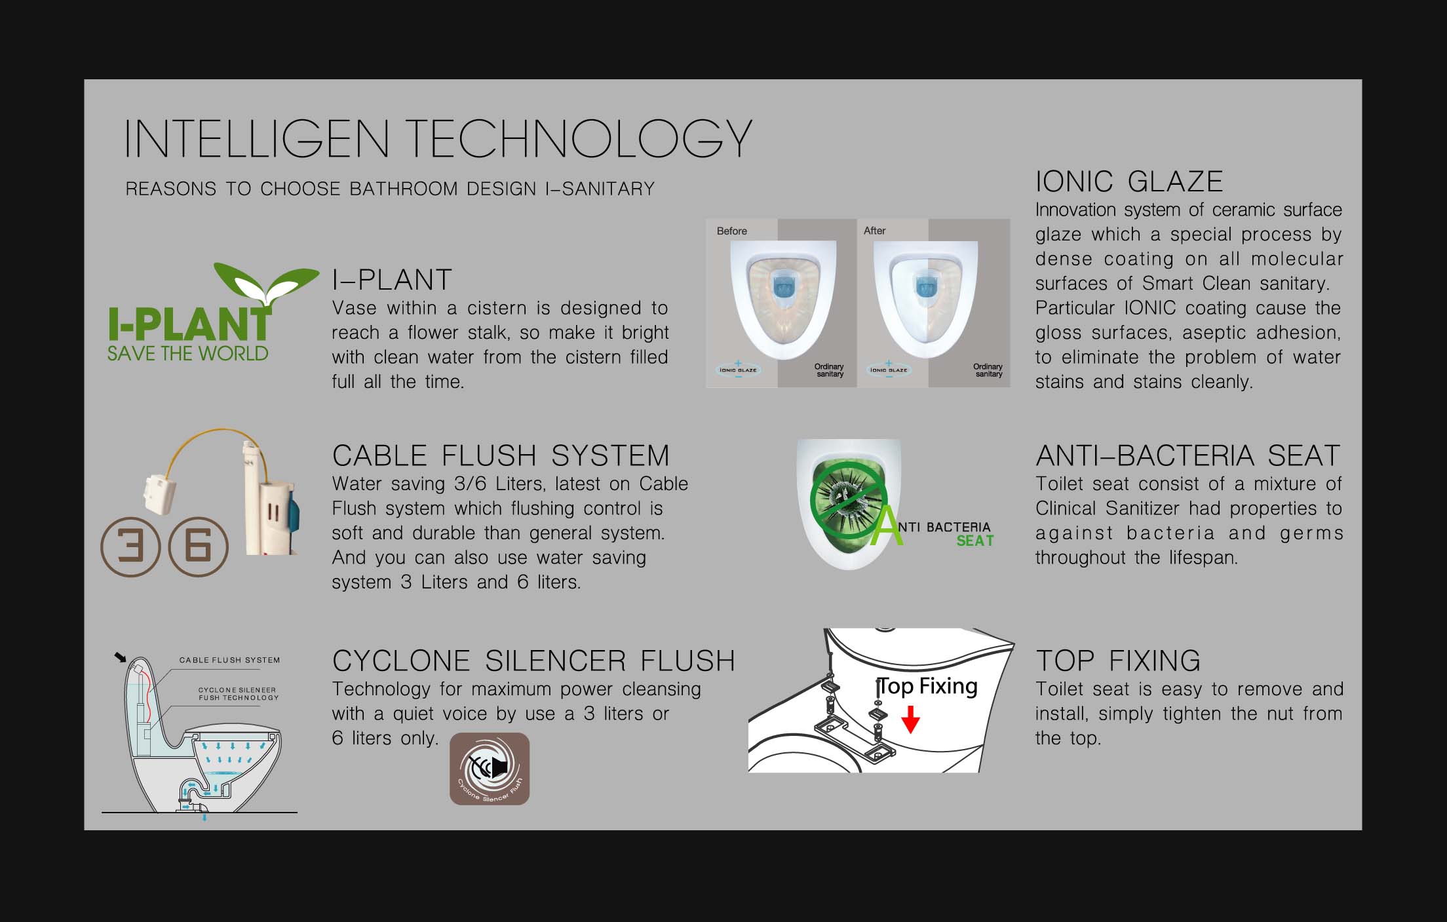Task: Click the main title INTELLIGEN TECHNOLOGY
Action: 438,138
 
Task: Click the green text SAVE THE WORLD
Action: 188,354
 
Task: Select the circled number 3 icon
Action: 130,547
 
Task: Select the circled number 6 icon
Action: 199,547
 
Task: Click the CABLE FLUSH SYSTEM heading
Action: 501,455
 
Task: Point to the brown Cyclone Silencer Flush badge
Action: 490,769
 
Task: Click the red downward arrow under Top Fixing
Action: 910,719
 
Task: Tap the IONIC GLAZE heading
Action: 1129,182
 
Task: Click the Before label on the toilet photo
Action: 731,231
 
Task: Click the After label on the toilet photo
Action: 874,231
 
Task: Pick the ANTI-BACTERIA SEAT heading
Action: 1187,455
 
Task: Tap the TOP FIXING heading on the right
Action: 1118,661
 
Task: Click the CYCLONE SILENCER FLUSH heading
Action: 533,661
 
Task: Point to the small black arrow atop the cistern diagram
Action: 120,657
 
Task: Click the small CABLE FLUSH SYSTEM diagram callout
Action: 229,660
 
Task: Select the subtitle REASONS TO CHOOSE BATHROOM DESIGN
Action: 390,189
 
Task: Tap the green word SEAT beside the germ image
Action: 975,541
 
